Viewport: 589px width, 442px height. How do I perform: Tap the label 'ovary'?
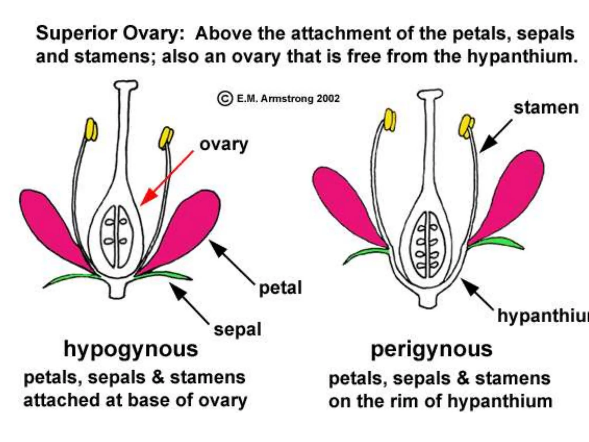coord(223,144)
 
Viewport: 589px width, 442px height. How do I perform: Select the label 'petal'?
coord(280,288)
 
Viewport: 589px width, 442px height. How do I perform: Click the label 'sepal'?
coord(237,329)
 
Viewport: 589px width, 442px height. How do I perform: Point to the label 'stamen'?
coord(546,108)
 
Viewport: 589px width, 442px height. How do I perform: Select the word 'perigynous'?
coord(431,349)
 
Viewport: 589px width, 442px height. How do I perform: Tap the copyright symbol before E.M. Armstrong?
coord(225,99)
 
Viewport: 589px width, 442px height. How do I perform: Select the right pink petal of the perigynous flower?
coord(512,196)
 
